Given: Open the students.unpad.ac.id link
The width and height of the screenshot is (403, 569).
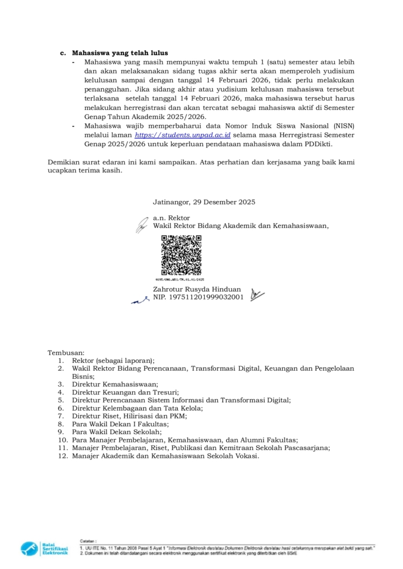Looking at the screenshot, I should click(183, 135).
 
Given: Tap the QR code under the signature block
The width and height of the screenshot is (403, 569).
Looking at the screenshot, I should click(181, 255).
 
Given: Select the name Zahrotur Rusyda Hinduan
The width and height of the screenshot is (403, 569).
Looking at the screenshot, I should click(197, 289).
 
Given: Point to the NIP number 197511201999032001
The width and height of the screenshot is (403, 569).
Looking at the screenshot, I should click(205, 297).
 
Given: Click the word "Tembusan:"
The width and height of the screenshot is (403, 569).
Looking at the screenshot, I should click(66, 352).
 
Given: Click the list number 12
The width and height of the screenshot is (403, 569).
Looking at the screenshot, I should click(62, 456).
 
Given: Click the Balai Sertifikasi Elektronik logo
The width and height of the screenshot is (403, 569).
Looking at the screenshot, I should click(44, 548).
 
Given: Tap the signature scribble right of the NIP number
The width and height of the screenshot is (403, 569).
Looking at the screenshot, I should click(257, 295).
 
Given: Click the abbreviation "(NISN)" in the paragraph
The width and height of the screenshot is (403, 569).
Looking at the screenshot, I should click(343, 126).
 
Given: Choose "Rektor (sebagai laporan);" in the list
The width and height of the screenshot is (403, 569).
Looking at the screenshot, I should click(113, 360).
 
